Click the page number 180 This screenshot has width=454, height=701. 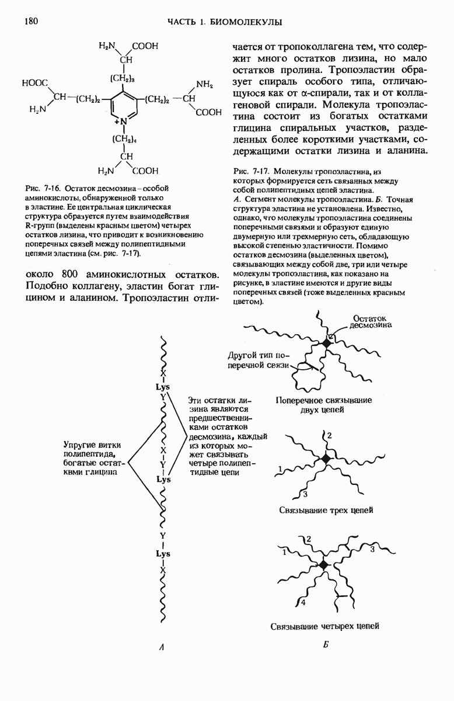coord(30,22)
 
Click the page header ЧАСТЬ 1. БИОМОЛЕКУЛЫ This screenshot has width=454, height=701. coord(225,22)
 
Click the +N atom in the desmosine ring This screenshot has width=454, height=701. coord(122,122)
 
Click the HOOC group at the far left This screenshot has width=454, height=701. coord(35,84)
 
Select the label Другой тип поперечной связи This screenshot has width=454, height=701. coord(258,360)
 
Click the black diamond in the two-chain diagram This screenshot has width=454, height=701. coord(327,344)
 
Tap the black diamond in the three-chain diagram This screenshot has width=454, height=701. coord(326,459)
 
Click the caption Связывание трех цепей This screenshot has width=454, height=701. coord(326,510)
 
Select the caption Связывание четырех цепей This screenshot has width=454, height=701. coord(325,626)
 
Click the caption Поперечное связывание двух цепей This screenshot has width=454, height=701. coord(324,405)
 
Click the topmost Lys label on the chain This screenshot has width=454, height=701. coord(163,386)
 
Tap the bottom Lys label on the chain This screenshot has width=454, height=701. coord(163,553)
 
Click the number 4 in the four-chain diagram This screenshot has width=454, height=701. coord(302,602)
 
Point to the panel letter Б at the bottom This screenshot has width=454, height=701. coord(326,646)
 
